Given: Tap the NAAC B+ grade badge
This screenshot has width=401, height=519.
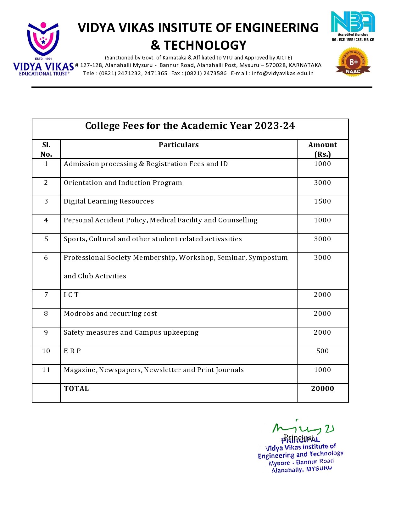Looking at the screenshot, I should click(353, 62).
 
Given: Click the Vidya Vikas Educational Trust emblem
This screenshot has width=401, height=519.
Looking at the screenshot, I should click(43, 39).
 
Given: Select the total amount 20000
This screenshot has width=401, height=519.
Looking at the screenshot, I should click(322, 389).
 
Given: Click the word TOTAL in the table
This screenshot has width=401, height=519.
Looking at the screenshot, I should click(76, 389).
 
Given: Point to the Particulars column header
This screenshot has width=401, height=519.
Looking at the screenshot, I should click(179, 145).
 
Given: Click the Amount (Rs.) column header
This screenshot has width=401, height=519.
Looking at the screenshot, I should click(322, 149).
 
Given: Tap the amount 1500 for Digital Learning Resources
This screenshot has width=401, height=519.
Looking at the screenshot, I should click(322, 201).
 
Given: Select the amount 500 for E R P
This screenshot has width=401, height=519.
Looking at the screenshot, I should click(322, 351).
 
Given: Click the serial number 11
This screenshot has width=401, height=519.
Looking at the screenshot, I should click(46, 370).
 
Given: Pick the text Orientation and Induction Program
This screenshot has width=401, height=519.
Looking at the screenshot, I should click(123, 183).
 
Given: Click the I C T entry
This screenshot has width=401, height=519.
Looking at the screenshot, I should click(71, 295).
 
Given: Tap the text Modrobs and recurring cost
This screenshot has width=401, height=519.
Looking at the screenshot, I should click(110, 314).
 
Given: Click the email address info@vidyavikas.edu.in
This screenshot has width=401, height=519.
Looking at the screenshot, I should click(282, 73).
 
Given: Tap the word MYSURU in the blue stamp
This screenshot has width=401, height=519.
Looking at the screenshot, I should click(319, 468).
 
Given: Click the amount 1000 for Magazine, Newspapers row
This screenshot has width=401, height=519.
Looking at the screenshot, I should click(322, 370).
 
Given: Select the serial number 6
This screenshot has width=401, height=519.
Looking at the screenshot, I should click(46, 258).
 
